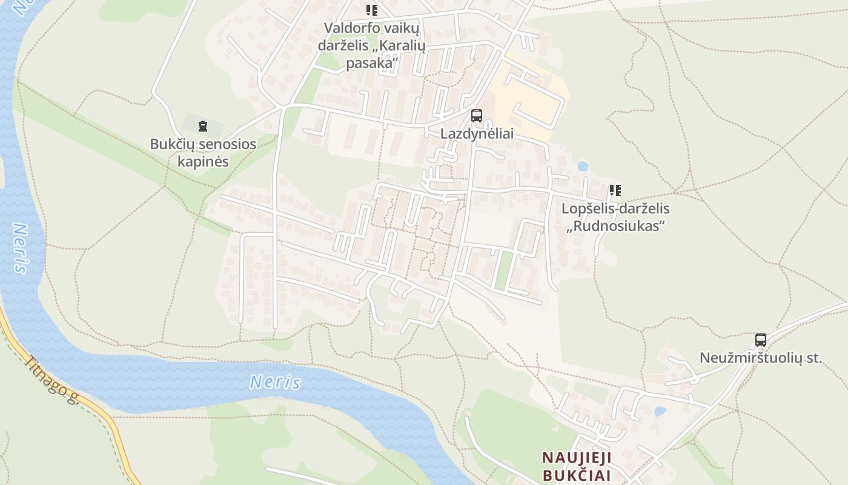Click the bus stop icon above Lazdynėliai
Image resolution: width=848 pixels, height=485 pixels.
477,115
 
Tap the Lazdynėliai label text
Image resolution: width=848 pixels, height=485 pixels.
477,134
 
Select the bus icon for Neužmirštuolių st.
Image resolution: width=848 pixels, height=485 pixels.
761,339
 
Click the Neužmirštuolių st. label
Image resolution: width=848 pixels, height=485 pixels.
761,358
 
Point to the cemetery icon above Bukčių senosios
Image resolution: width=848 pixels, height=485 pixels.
202,126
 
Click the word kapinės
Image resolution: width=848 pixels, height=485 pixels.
203,161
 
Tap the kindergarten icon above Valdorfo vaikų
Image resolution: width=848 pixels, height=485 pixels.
371,10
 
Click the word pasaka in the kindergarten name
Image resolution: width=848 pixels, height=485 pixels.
371,63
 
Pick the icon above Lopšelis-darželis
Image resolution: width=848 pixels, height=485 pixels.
615,190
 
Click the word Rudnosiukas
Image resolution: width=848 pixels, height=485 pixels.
615,226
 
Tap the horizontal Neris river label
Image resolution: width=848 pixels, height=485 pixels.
275,382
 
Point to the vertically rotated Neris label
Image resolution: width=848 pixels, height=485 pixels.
21,249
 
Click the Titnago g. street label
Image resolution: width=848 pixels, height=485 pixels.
52,380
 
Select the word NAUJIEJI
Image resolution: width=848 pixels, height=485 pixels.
577,457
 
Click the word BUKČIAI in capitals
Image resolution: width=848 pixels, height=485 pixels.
577,475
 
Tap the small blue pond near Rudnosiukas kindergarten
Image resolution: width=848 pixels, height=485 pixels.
583,166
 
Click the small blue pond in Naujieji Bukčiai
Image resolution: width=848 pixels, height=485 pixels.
660,411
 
